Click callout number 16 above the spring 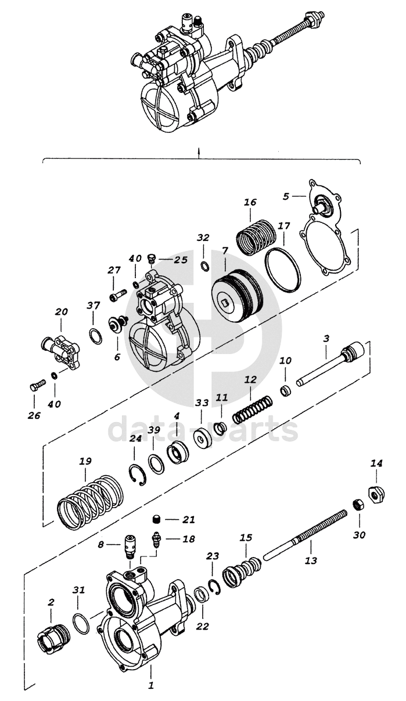[250, 202]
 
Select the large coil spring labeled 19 [90, 501]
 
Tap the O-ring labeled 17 [283, 268]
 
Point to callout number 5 [286, 196]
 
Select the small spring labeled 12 [253, 409]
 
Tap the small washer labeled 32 [205, 267]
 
